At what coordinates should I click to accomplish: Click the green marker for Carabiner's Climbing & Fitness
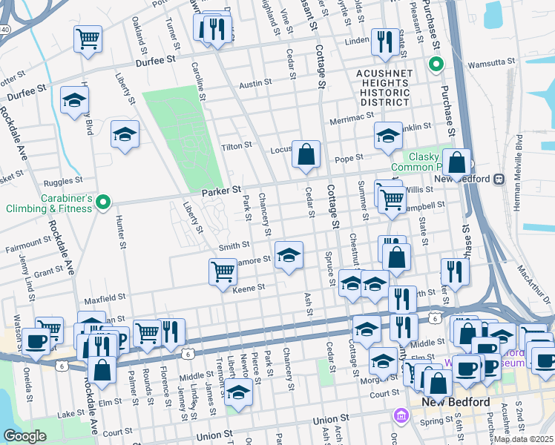point(104,200)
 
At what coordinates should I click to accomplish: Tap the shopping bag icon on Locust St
point(306,154)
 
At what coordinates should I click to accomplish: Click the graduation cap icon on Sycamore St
point(289,256)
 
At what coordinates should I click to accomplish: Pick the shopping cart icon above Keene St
point(223,271)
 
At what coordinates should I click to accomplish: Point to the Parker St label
point(222,192)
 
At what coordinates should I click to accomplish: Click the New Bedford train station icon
point(499,179)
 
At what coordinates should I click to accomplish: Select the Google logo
point(25,436)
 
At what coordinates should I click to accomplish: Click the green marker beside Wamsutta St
point(436,65)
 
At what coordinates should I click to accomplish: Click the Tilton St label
point(237,147)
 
